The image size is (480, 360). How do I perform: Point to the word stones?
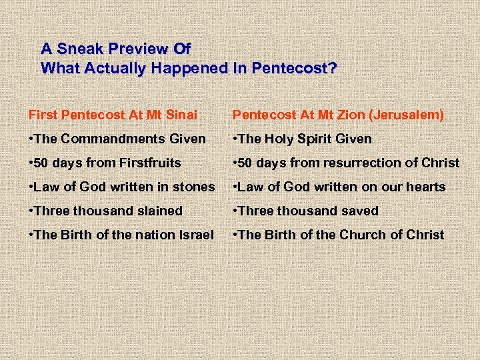coord(196,187)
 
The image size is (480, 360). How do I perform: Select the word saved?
coord(361,211)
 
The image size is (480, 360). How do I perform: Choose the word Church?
coord(363,235)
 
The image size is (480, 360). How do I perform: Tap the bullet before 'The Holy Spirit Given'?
coord(235,139)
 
